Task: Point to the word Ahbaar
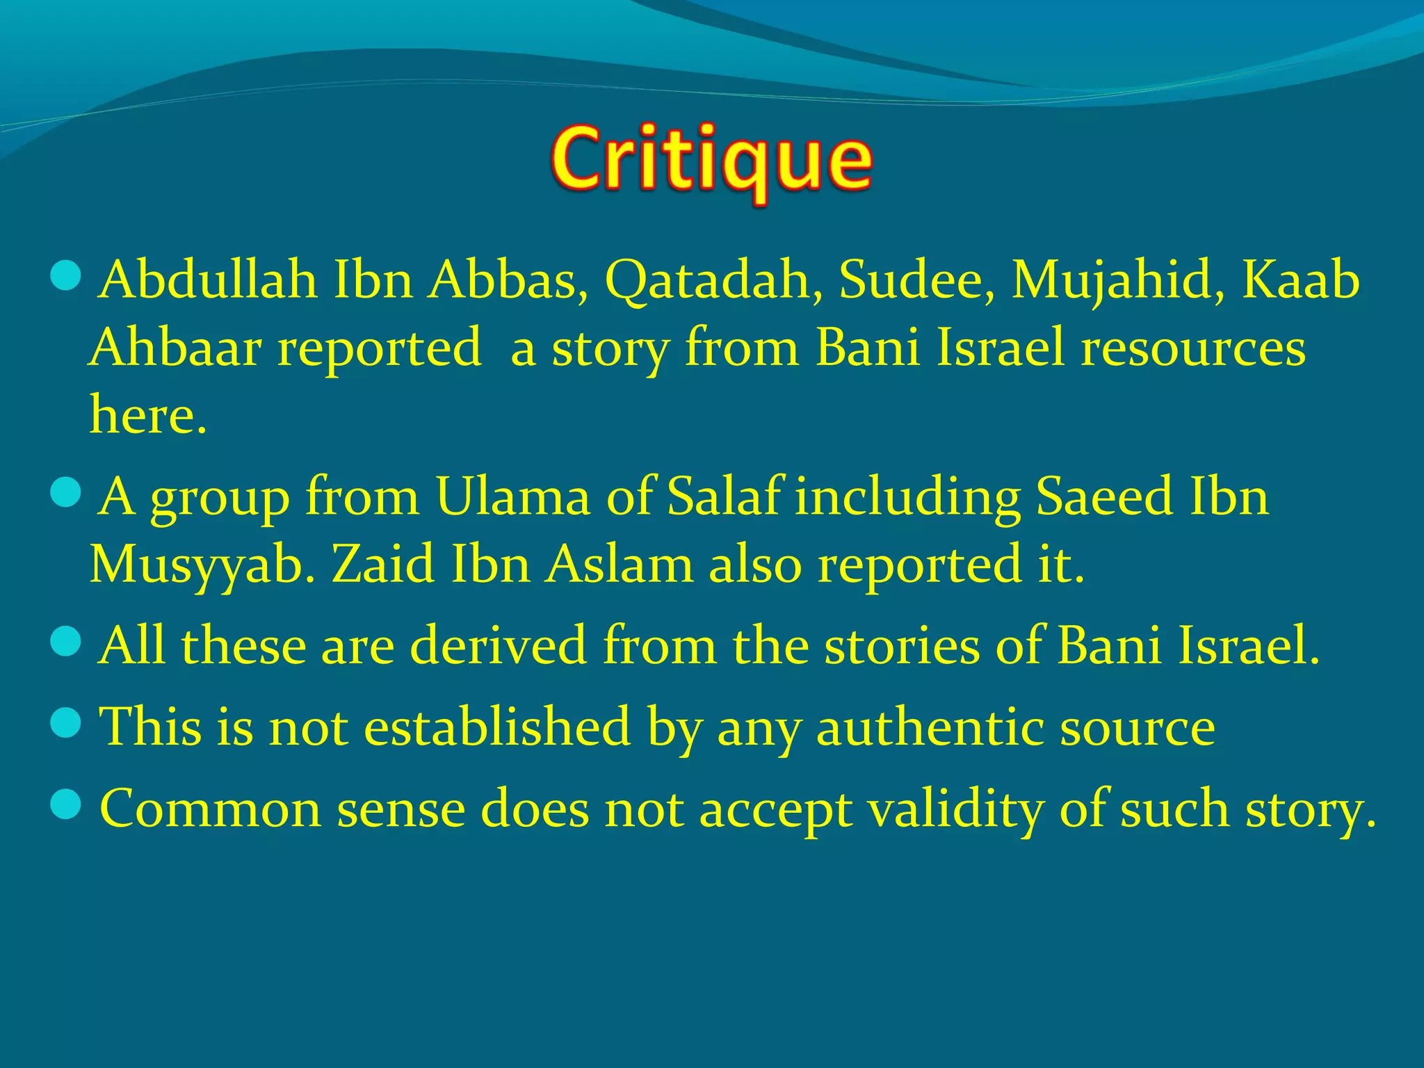pyautogui.click(x=175, y=347)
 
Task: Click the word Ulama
pyautogui.click(x=513, y=496)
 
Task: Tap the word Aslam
pyautogui.click(x=619, y=565)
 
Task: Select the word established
pyautogui.click(x=496, y=727)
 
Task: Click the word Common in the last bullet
pyautogui.click(x=210, y=809)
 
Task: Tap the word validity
pyautogui.click(x=955, y=809)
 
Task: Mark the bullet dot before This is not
pyautogui.click(x=67, y=725)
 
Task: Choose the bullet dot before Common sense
pyautogui.click(x=67, y=807)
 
